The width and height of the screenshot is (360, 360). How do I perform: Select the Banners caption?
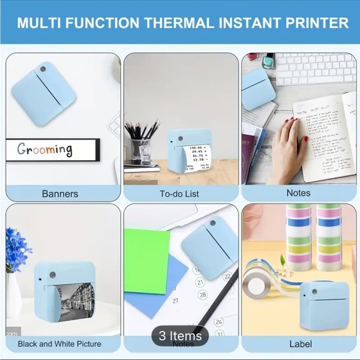pyautogui.click(x=60, y=194)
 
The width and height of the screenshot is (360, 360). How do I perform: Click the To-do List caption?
pyautogui.click(x=179, y=194)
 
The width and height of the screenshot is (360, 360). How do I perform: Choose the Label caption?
pyautogui.click(x=300, y=343)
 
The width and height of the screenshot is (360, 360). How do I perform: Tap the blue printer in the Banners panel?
pyautogui.click(x=43, y=93)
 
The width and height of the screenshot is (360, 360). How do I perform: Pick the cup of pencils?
pyautogui.click(x=141, y=146)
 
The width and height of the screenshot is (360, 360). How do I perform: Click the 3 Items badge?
pyautogui.click(x=180, y=336)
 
